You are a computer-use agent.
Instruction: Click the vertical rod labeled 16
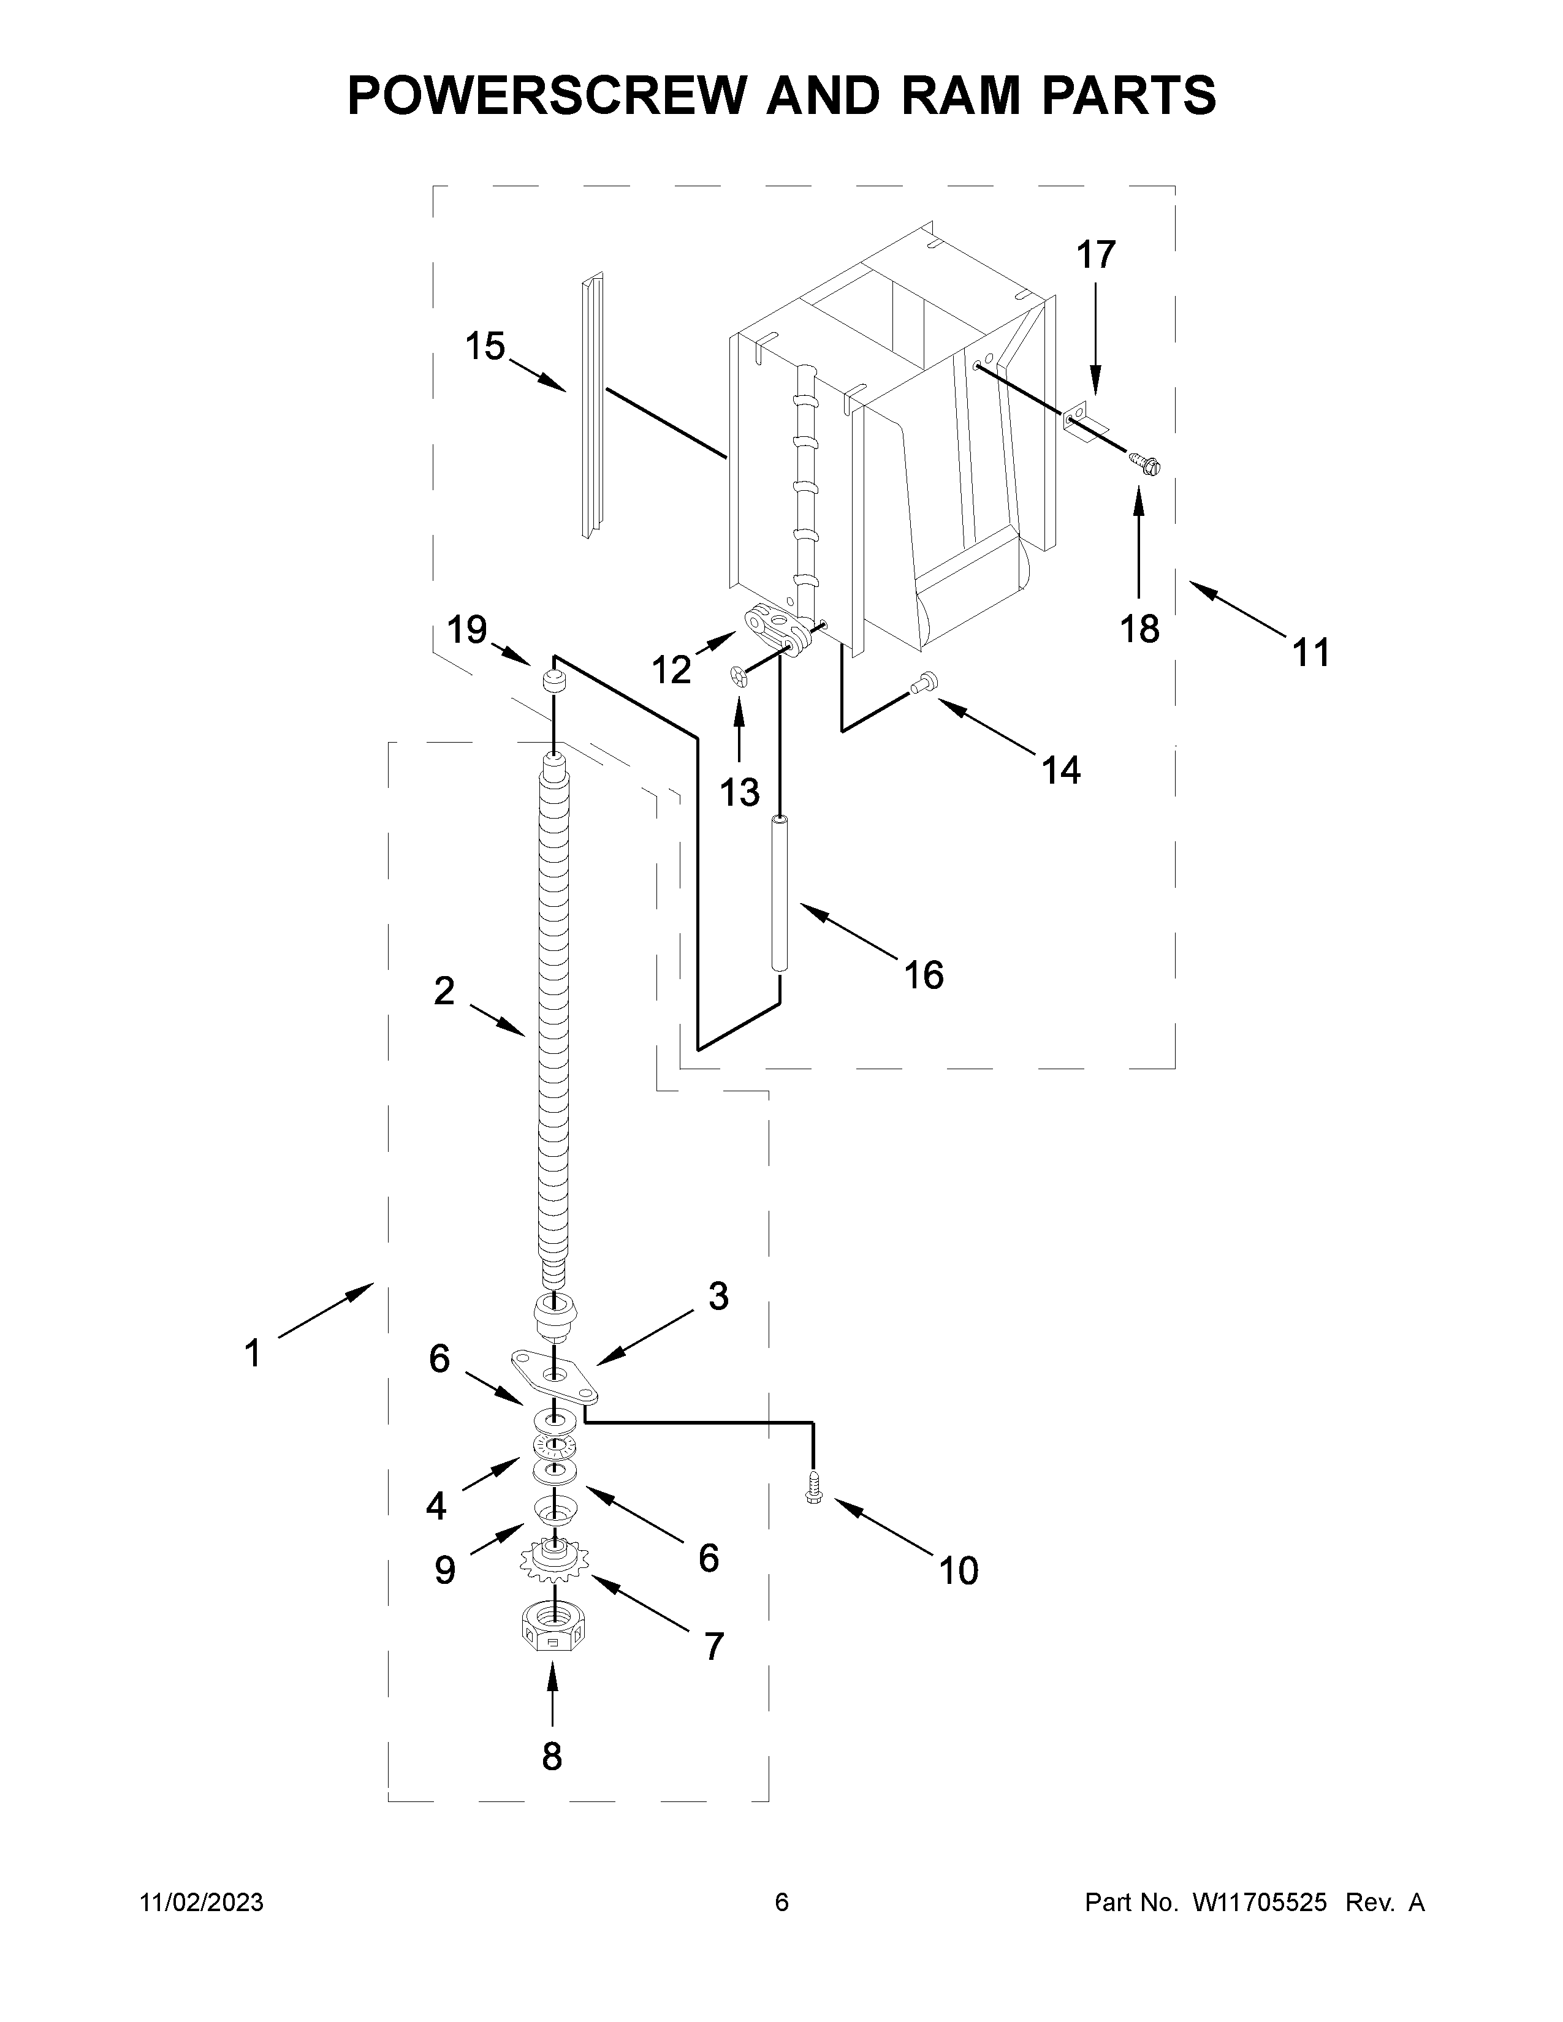pyautogui.click(x=780, y=893)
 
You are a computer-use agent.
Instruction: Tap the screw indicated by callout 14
pyautogui.click(x=922, y=683)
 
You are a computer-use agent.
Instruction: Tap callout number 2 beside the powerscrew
pyautogui.click(x=444, y=991)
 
